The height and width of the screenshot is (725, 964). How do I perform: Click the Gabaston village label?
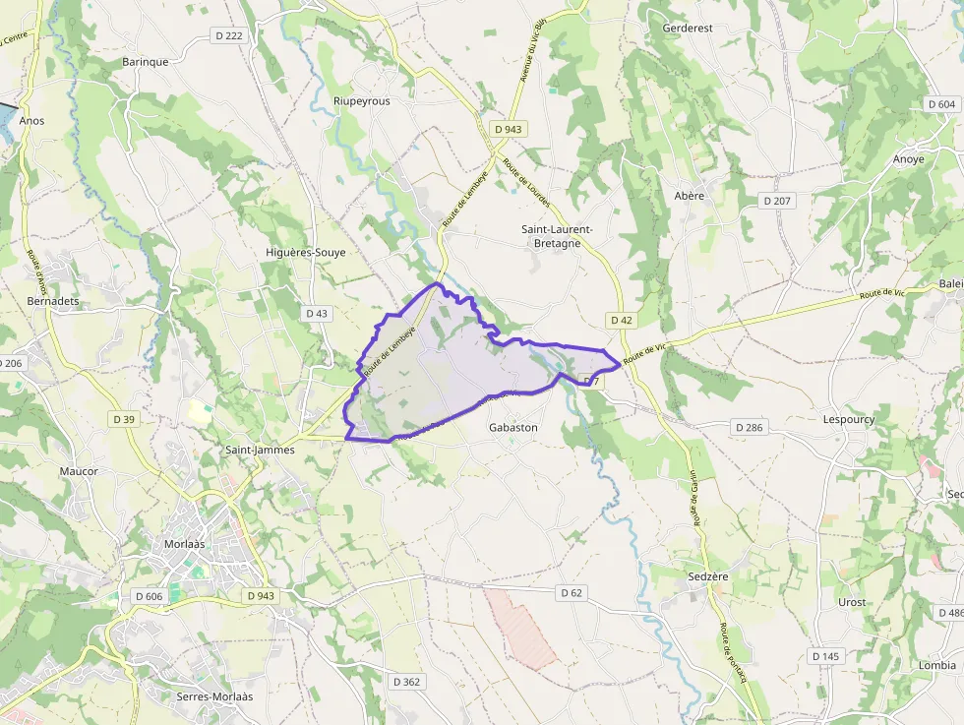coord(513,428)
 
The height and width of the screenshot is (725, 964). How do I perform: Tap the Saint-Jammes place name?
coord(260,450)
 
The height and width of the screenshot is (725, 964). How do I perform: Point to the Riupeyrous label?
coord(362,101)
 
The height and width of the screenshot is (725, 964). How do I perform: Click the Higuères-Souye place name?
coord(306,253)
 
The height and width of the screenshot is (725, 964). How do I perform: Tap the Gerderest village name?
coord(688,29)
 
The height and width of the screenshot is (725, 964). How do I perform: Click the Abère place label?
coord(690,196)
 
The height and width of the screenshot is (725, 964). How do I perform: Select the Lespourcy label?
coord(848,419)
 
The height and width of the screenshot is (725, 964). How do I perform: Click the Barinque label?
coord(146,61)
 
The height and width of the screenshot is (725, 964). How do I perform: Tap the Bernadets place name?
coord(53,300)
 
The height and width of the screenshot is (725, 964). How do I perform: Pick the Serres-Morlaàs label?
coord(214,696)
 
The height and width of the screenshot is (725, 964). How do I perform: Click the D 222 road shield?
coord(227,35)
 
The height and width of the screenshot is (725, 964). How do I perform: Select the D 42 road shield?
coord(622,321)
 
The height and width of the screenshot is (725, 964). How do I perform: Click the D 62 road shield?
coord(572,592)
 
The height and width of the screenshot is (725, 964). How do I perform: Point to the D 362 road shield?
coord(406,682)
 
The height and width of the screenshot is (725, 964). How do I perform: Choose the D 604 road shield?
coord(941,104)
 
